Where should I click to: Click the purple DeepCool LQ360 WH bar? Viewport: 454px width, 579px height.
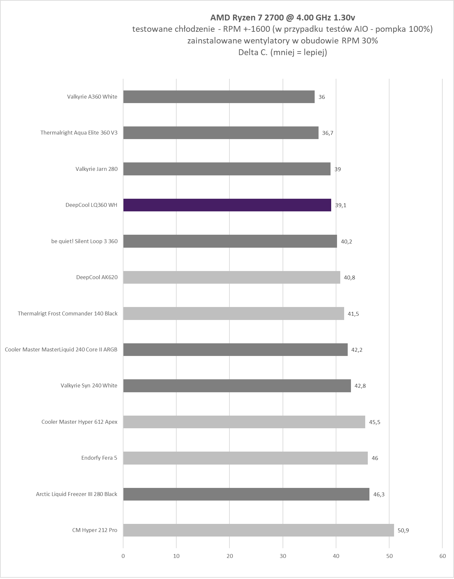pos(227,205)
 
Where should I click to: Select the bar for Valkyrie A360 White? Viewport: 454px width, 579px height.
pos(219,97)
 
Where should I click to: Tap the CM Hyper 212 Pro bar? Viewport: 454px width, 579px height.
pos(258,530)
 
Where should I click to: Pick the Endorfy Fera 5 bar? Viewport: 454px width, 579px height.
pos(245,458)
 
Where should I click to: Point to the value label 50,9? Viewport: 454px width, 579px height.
pos(403,530)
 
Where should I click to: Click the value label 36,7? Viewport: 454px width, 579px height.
pos(328,133)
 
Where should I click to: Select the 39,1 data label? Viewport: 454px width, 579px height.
pos(341,205)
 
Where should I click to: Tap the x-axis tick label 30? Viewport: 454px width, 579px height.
pos(283,556)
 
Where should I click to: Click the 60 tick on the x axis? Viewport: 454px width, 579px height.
pos(443,556)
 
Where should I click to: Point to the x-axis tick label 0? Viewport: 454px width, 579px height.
pos(123,556)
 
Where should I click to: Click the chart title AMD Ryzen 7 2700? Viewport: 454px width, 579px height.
pos(282,17)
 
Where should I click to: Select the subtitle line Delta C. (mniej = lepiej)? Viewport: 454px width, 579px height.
pos(282,52)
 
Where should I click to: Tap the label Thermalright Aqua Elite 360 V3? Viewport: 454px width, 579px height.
pos(79,133)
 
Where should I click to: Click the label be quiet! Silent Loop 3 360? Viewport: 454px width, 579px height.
pos(84,241)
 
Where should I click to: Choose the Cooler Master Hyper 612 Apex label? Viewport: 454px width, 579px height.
pos(79,422)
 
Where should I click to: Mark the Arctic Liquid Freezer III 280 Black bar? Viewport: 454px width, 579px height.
pos(246,494)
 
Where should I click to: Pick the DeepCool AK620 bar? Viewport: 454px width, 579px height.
pos(232,277)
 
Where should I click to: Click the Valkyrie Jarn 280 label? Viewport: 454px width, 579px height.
pos(97,169)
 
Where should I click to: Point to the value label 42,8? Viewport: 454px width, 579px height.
pos(360,386)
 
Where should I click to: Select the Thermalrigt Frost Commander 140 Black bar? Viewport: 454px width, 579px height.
pos(234,313)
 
